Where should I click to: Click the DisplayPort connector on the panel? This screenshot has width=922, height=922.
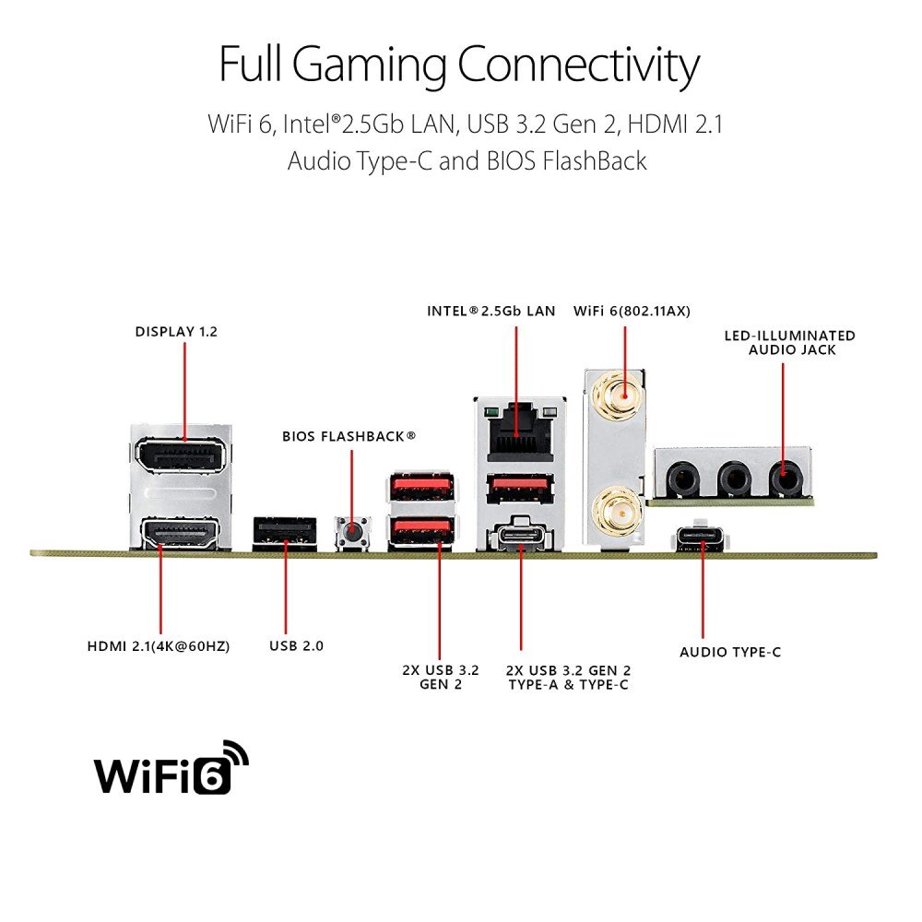pyautogui.click(x=183, y=455)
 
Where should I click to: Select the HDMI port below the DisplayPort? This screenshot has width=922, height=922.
pyautogui.click(x=183, y=534)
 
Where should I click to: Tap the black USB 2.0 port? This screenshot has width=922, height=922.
pyautogui.click(x=285, y=532)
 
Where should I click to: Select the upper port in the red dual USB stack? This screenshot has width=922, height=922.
pyautogui.click(x=422, y=485)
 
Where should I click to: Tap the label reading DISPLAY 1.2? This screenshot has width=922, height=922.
pyautogui.click(x=176, y=332)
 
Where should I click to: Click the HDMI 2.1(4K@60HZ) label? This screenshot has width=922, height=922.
pyautogui.click(x=158, y=646)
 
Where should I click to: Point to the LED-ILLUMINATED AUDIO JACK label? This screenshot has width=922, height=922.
pyautogui.click(x=789, y=342)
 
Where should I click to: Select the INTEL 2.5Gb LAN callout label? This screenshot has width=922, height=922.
pyautogui.click(x=491, y=311)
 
